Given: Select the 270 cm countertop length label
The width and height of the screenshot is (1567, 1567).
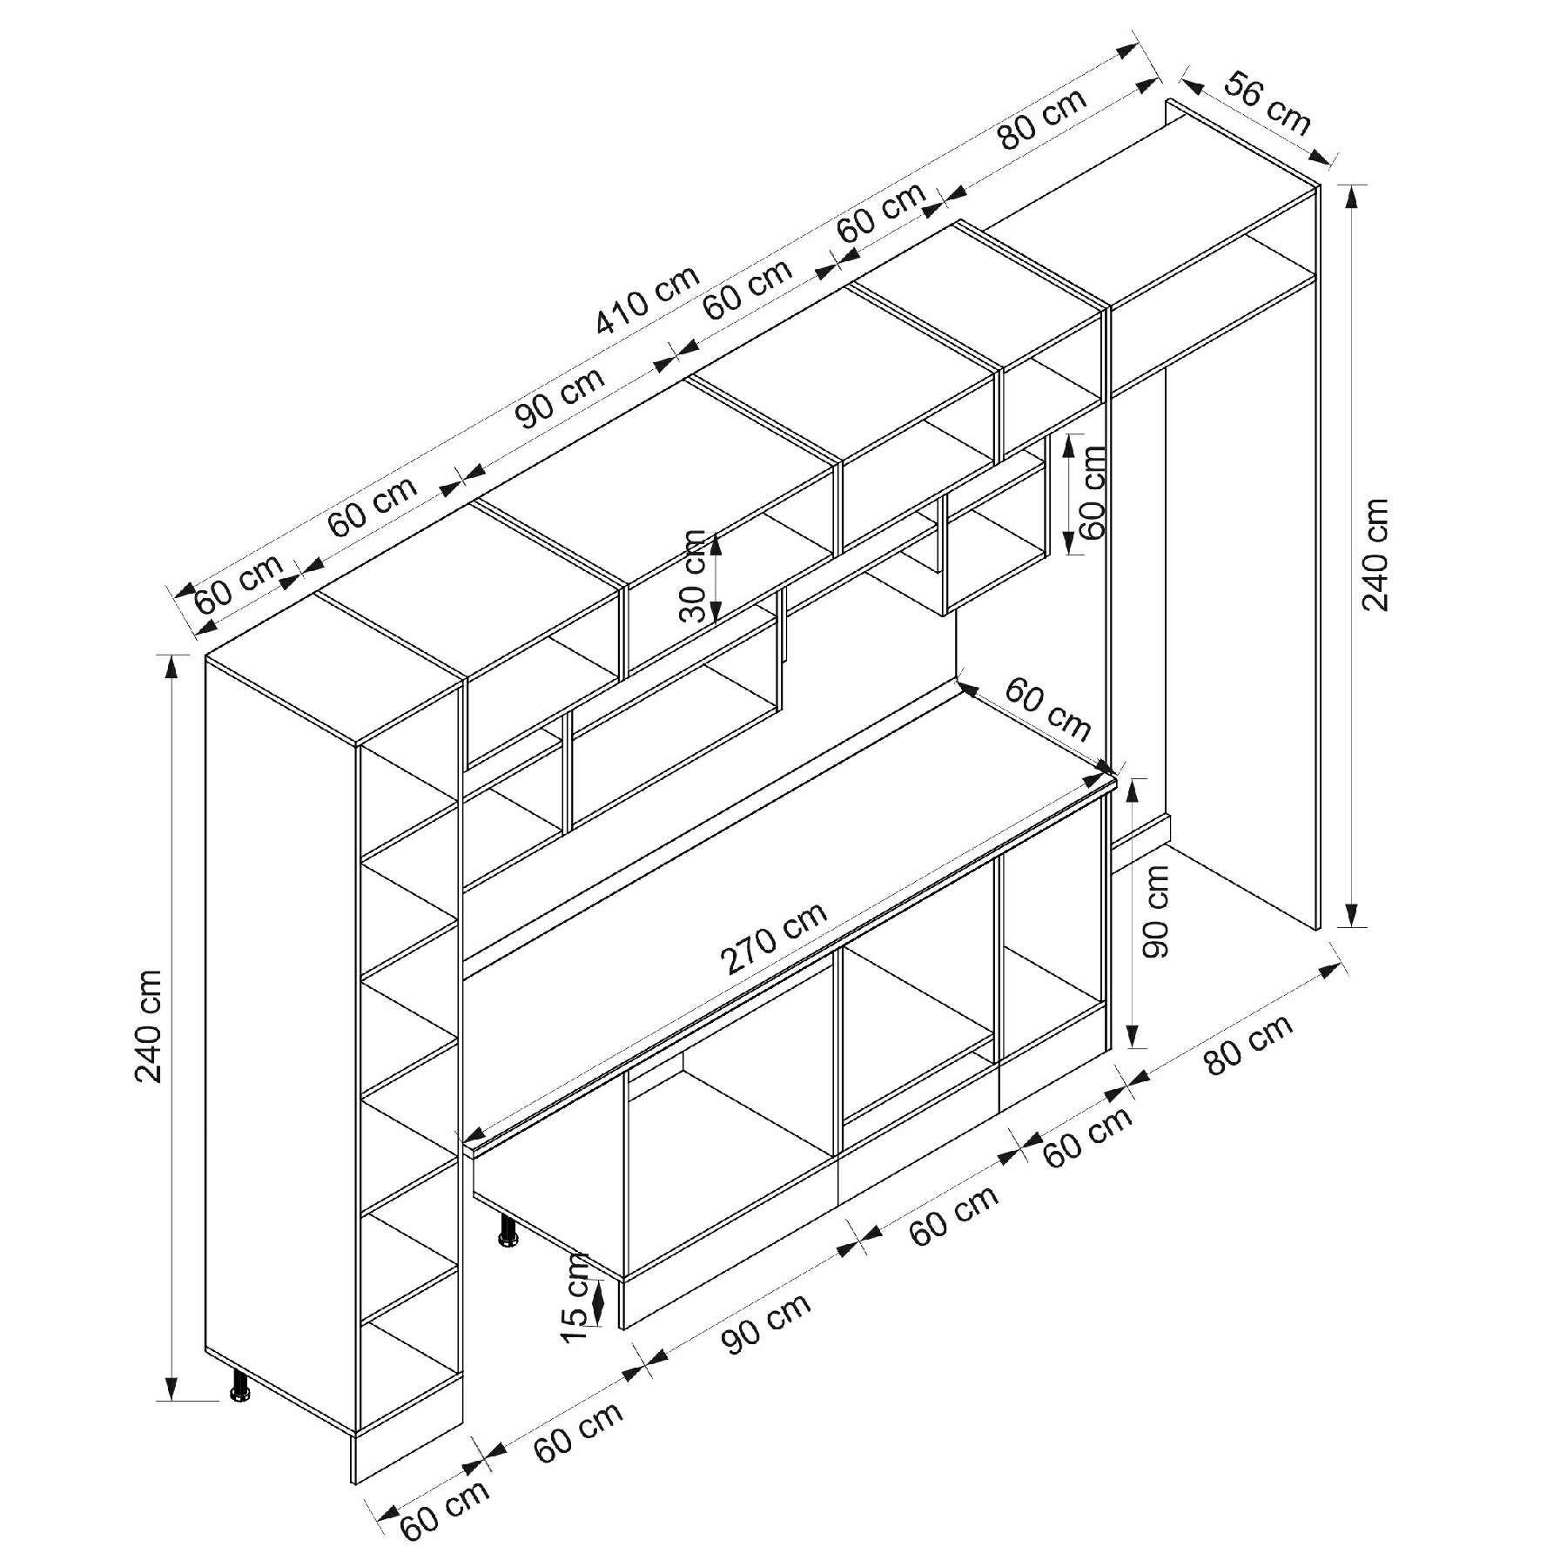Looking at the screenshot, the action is click(773, 939).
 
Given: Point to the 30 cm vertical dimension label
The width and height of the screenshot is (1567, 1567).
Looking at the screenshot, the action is click(696, 576).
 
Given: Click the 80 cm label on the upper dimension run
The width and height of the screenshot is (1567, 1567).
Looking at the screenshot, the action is click(1042, 118).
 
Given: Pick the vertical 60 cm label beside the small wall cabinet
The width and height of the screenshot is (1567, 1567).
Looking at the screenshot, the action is click(1092, 492).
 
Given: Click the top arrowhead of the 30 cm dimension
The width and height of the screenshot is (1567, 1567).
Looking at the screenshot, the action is click(716, 543).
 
